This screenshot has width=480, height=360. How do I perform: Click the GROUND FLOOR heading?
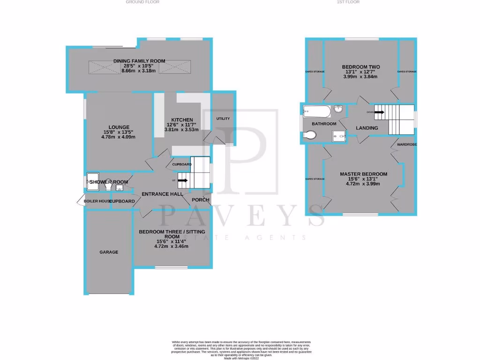click(x=142, y=2)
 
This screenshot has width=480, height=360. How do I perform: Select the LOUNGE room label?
click(x=116, y=127)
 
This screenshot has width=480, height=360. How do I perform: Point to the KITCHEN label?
click(x=182, y=120)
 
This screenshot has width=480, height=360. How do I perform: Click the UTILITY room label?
click(x=223, y=119)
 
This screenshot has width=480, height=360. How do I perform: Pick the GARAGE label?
click(x=109, y=252)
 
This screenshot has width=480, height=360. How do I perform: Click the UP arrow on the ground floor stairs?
click(x=182, y=180)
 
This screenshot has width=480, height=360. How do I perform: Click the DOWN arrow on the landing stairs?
click(x=378, y=112)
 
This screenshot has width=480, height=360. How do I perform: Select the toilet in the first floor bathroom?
click(x=310, y=135)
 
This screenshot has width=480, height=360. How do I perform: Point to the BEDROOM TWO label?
click(x=360, y=67)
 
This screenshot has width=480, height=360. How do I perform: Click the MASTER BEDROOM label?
click(x=363, y=174)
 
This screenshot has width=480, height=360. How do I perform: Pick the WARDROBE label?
click(x=406, y=145)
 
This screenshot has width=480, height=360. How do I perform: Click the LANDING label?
click(x=367, y=127)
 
